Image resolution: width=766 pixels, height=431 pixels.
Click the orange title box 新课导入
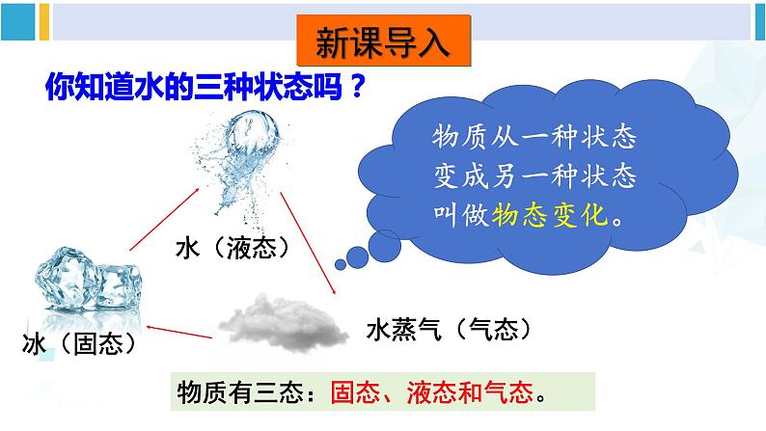coord(383,42)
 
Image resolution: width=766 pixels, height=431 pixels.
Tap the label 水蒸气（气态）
coord(450,331)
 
